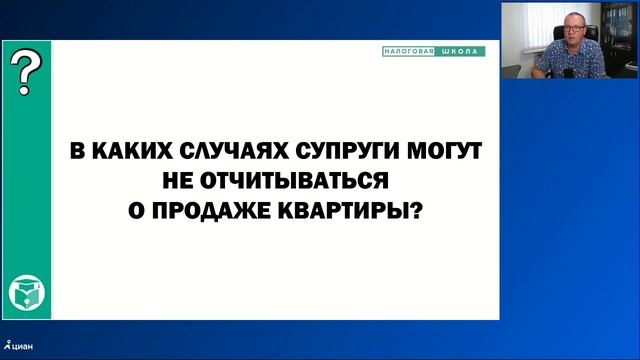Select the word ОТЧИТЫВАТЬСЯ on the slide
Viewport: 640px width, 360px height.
(271, 181)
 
